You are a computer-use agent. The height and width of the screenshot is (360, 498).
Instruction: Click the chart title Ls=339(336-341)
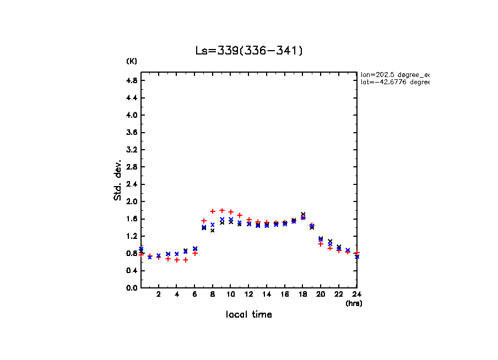pyautogui.click(x=249, y=51)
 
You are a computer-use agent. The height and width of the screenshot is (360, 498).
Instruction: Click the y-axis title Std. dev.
pyautogui.click(x=118, y=180)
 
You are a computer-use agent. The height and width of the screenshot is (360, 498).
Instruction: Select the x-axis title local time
pyautogui.click(x=248, y=314)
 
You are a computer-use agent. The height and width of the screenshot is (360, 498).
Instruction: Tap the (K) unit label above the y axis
pyautogui.click(x=132, y=61)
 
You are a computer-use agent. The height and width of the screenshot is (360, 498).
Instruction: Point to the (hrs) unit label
pyautogui.click(x=354, y=303)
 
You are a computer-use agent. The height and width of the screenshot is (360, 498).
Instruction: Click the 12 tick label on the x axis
pyautogui.click(x=248, y=294)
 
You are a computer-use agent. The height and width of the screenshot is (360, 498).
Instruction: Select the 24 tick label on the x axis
pyautogui.click(x=356, y=294)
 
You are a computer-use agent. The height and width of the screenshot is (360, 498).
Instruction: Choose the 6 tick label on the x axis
pyautogui.click(x=194, y=294)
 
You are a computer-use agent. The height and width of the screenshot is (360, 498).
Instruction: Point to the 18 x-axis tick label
pyautogui.click(x=302, y=294)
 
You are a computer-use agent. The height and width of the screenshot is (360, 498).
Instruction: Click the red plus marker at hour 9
pyautogui.click(x=222, y=210)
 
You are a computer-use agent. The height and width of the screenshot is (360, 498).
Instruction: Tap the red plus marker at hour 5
pyautogui.click(x=186, y=260)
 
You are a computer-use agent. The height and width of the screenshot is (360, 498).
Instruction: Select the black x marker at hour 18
pyautogui.click(x=303, y=214)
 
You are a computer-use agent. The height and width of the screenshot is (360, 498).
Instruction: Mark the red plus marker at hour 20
pyautogui.click(x=321, y=244)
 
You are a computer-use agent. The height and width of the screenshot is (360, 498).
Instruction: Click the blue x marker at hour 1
pyautogui.click(x=150, y=257)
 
